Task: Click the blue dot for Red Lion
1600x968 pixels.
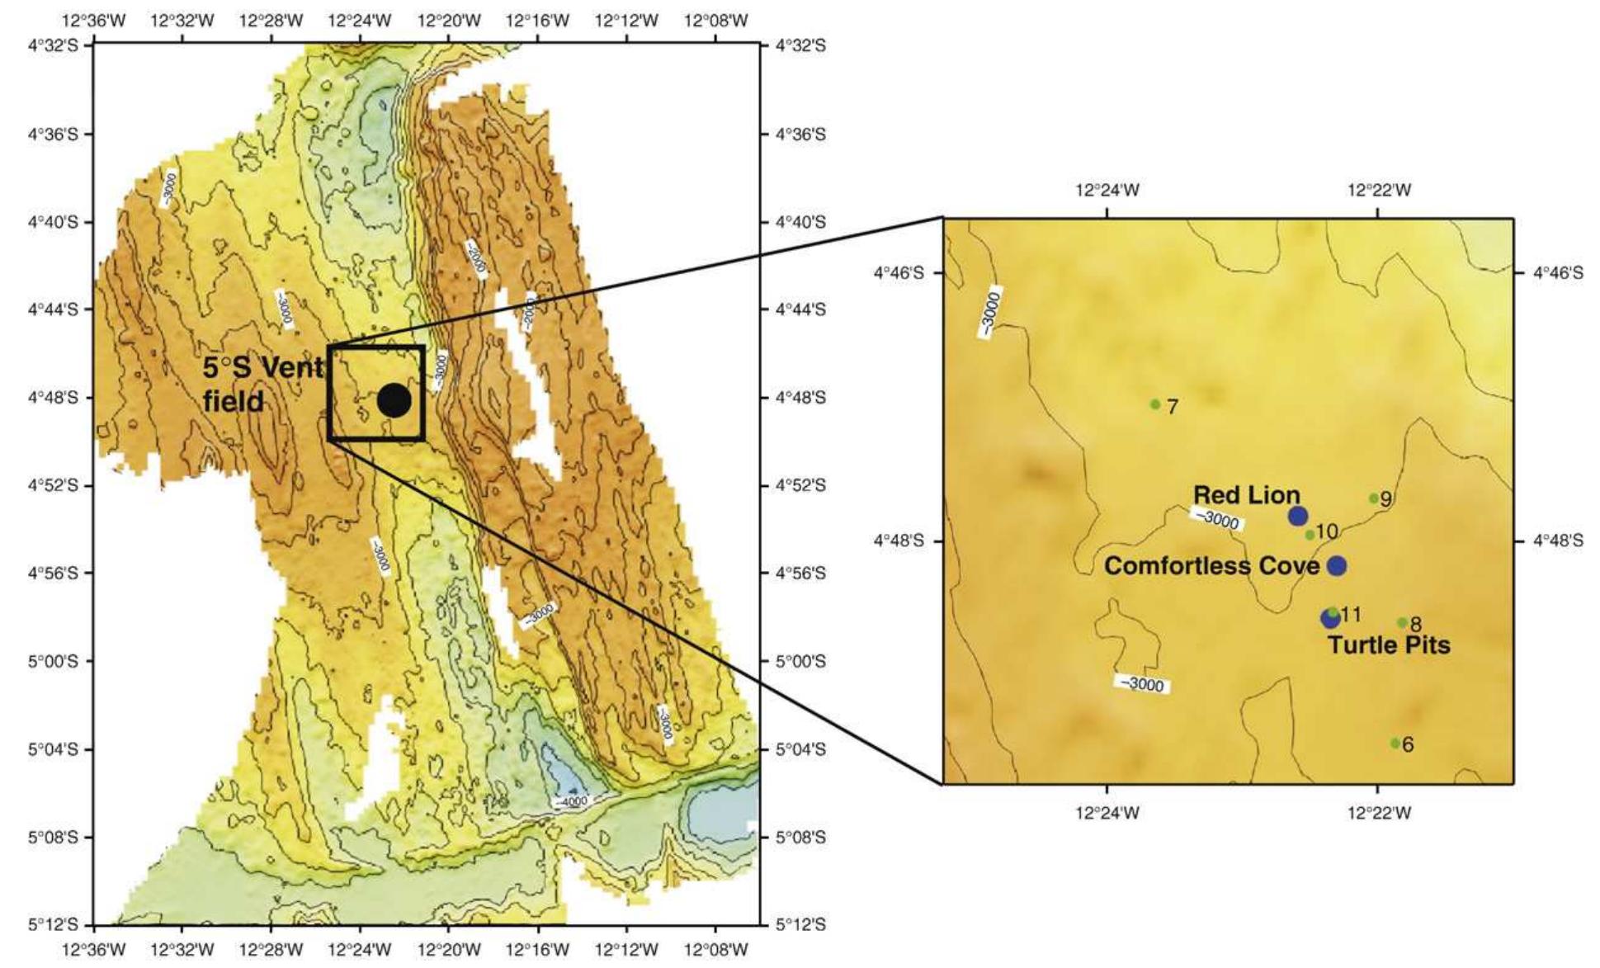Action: tap(1298, 517)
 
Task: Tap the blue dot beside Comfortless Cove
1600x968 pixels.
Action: tap(1337, 565)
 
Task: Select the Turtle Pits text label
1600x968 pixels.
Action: tap(1389, 645)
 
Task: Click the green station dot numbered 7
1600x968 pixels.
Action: tap(1155, 404)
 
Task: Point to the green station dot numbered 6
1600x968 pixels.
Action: tap(1395, 743)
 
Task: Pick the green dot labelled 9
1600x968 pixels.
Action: tap(1374, 498)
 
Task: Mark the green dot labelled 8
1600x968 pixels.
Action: tap(1402, 622)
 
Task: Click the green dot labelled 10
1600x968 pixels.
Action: tap(1310, 535)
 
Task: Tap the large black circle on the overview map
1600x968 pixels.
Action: tap(394, 400)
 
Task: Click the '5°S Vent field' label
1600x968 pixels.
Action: tap(262, 385)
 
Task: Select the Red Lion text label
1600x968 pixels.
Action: tap(1246, 495)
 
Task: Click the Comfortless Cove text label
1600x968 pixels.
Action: tap(1211, 565)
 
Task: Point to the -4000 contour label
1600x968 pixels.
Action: tap(572, 801)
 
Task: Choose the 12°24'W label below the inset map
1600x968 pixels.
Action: tap(1107, 814)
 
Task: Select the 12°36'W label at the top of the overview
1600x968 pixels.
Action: tap(94, 21)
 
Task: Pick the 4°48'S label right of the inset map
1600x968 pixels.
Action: tap(1558, 541)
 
